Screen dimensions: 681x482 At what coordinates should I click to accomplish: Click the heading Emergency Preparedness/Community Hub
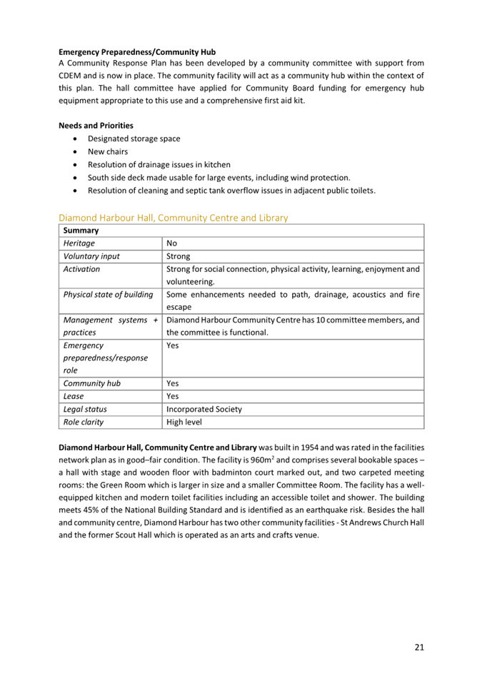pyautogui.click(x=137, y=52)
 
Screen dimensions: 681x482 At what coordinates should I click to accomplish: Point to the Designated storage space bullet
pyautogui.click(x=134, y=138)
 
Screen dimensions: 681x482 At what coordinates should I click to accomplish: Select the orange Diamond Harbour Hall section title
pyautogui.click(x=174, y=217)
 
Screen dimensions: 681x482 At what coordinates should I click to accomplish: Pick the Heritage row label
pyautogui.click(x=79, y=243)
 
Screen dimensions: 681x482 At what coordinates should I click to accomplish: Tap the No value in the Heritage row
pyautogui.click(x=171, y=243)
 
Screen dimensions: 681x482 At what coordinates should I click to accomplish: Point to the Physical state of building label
pyautogui.click(x=108, y=294)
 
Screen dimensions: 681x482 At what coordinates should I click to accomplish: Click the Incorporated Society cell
pyautogui.click(x=204, y=409)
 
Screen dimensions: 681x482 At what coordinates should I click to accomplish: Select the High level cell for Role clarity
pyautogui.click(x=184, y=422)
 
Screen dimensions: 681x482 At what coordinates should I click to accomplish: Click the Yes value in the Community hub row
pyautogui.click(x=172, y=383)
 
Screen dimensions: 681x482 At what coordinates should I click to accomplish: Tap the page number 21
pyautogui.click(x=418, y=647)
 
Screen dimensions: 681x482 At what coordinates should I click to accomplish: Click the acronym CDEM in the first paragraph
pyautogui.click(x=71, y=75)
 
